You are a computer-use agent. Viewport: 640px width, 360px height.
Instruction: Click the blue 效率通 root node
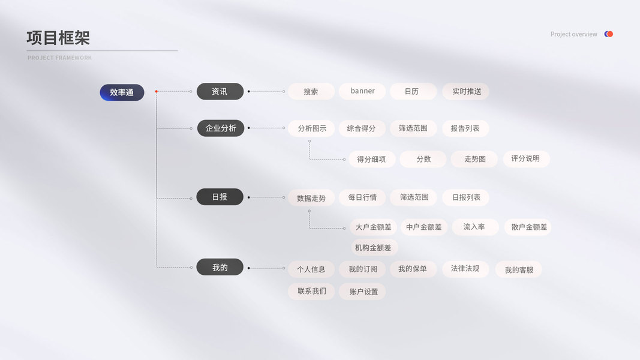tap(122, 92)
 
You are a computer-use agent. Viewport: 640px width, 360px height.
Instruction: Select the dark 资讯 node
tap(220, 91)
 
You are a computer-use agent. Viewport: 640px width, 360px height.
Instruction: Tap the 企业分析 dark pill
tap(221, 128)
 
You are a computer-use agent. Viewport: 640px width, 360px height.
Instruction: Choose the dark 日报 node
tap(220, 197)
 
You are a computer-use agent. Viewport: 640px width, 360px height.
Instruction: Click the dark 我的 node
tap(220, 267)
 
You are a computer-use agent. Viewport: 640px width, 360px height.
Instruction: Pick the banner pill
tap(362, 91)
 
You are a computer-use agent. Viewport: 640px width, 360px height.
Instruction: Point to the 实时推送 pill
tap(466, 91)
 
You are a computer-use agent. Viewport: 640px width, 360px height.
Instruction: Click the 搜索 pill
tap(311, 92)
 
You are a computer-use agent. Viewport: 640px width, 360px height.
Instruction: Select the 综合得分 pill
tap(362, 128)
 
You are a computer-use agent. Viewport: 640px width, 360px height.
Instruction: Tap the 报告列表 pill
tap(465, 128)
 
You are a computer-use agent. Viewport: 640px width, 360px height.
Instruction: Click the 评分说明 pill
tap(526, 159)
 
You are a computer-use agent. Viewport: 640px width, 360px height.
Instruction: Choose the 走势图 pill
tap(474, 159)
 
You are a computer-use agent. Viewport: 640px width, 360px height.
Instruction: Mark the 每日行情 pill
tap(362, 197)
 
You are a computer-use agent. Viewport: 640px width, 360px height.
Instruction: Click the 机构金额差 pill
tap(373, 247)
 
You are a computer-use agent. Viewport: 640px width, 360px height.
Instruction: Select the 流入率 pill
tap(474, 227)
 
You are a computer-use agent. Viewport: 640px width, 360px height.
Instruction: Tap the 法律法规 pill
tap(465, 269)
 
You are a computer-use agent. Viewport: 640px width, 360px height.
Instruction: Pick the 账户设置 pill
tap(362, 292)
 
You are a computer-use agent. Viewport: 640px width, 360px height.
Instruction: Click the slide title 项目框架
tap(58, 38)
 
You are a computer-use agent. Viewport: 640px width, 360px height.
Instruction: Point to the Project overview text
tap(573, 34)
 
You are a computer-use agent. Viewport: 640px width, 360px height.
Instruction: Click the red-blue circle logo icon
tap(609, 34)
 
